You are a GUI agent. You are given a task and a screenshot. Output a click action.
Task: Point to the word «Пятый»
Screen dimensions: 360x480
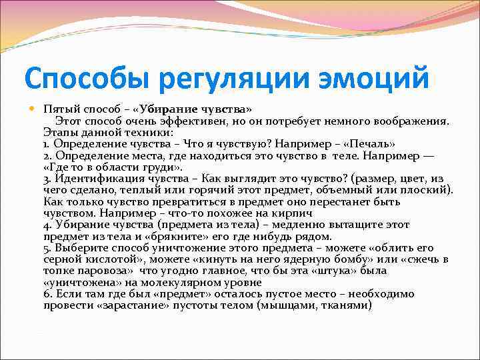tap(59, 109)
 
